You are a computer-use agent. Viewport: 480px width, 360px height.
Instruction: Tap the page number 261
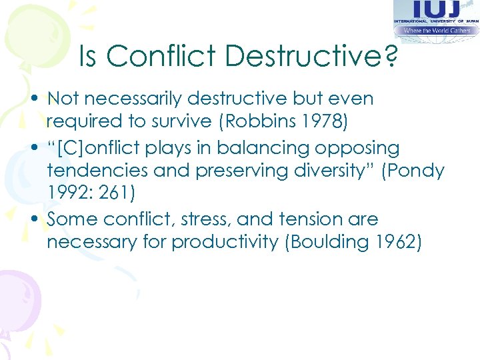[119, 193]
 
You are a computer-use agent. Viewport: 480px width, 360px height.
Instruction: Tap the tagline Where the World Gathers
[436, 30]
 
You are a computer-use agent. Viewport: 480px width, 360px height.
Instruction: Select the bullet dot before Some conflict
[39, 219]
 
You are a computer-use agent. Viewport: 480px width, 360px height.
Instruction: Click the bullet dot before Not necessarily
[39, 99]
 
